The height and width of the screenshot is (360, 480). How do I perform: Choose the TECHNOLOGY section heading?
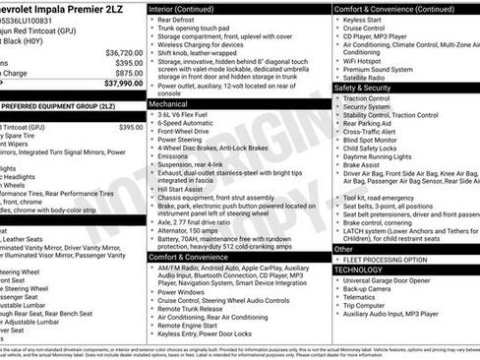coord(358,270)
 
